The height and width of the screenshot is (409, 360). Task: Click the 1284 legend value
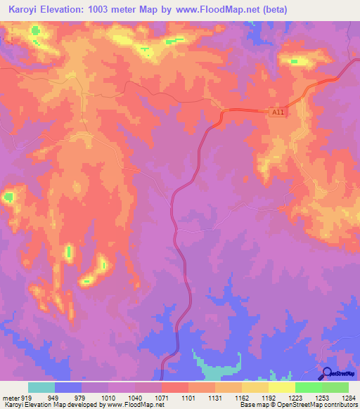click(349, 397)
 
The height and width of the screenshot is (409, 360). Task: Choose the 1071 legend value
click(161, 397)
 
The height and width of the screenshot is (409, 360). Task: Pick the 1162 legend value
click(241, 397)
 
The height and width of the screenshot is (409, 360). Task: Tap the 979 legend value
click(82, 397)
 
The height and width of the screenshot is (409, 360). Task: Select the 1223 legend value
click(295, 397)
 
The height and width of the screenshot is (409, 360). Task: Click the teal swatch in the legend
click(41, 387)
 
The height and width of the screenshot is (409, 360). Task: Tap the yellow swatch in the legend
click(281, 387)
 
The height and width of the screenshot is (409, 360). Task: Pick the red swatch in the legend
click(174, 387)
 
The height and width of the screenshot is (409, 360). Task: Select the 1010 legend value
click(108, 397)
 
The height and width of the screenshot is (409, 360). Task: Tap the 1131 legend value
click(214, 397)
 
